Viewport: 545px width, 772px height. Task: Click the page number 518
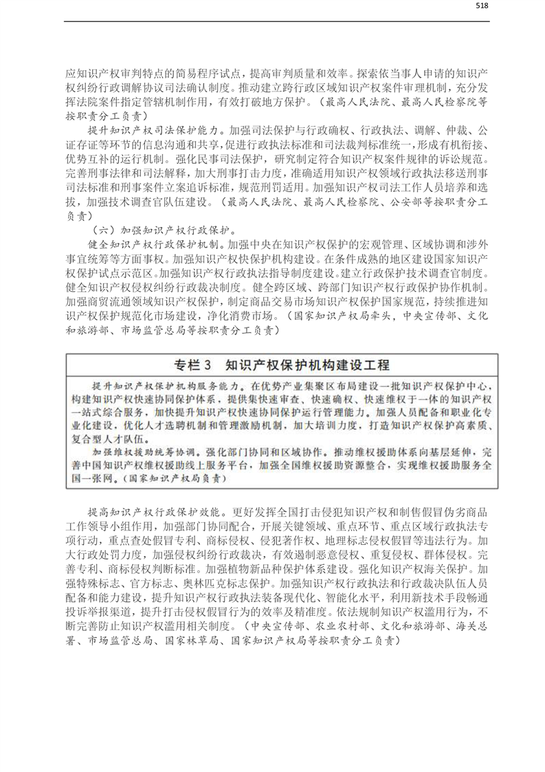pos(481,6)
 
